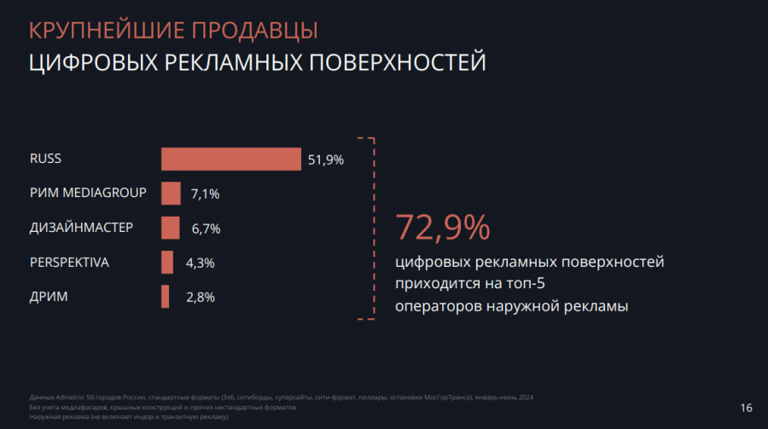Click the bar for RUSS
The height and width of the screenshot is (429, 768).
click(x=230, y=159)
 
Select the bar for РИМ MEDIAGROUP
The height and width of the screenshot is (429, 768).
click(x=171, y=194)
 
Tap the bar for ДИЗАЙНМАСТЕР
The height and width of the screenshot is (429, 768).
click(x=170, y=228)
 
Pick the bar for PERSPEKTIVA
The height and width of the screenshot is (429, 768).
click(x=167, y=263)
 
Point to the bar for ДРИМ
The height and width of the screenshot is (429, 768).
click(x=165, y=297)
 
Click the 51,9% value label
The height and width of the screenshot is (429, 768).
click(x=325, y=159)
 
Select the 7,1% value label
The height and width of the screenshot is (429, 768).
click(x=205, y=194)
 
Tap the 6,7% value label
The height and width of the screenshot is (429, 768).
click(x=205, y=229)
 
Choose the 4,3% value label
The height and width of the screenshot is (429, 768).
click(x=200, y=264)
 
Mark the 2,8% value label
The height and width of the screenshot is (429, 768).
click(x=200, y=298)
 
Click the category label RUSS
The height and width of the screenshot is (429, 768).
click(x=45, y=159)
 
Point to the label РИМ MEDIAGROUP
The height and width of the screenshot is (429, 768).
click(x=88, y=193)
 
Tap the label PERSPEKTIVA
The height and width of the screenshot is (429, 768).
click(x=69, y=262)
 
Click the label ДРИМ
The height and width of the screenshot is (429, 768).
click(x=49, y=296)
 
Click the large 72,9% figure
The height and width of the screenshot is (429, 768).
click(x=442, y=227)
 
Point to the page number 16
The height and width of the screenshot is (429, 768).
click(x=747, y=408)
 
